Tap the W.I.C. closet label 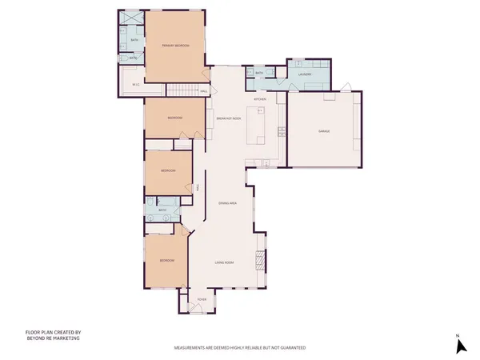coord(136,84)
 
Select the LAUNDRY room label coord(303,74)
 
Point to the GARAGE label coord(324,131)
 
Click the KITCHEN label coord(260,99)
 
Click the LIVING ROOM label coord(223,262)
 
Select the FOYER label coord(202,299)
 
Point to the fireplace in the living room coord(258,260)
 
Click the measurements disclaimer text coord(240,349)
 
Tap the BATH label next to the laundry coord(259,74)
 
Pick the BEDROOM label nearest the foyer coord(166,261)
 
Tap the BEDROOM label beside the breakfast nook coord(175,118)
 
